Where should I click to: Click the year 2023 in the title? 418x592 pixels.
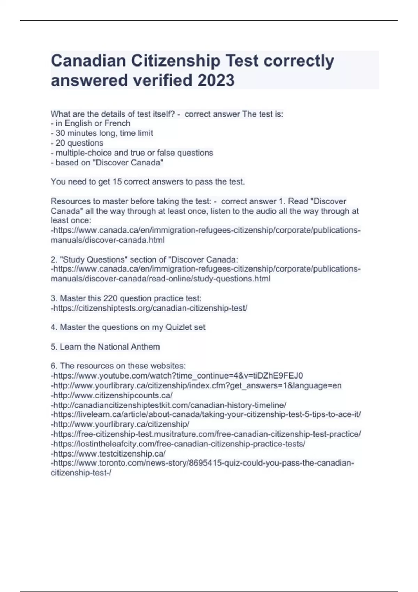pos(216,80)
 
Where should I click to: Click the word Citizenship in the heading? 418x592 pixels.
pos(176,61)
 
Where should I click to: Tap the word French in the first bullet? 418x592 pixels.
pos(117,123)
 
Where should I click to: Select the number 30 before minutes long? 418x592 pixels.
pos(60,133)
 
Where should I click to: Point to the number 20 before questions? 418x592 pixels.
pos(60,143)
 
